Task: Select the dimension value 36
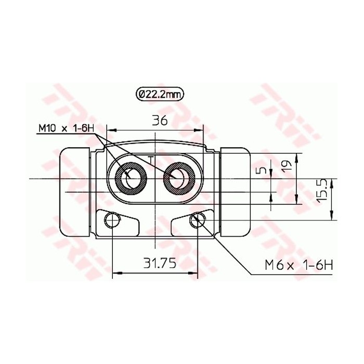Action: click(160, 121)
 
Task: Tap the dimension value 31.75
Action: click(160, 263)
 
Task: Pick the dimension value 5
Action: click(263, 170)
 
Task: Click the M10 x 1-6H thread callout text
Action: click(65, 128)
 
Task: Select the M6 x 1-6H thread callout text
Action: click(298, 265)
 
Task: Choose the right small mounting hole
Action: click(197, 220)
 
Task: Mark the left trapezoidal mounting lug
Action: click(119, 224)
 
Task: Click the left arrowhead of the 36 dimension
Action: click(109, 130)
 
